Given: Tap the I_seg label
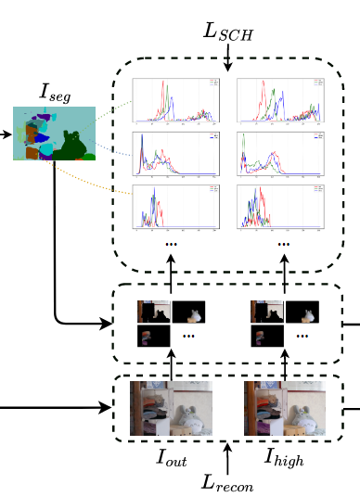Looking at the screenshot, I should tap(55, 92).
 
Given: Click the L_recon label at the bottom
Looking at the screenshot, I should tap(227, 482).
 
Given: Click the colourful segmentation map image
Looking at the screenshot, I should tap(54, 134).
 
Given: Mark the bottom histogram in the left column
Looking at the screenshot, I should tap(176, 207).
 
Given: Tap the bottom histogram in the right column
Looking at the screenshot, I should tap(281, 207).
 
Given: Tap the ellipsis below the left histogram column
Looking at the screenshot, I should tap(171, 243).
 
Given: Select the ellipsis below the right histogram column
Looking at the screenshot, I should tap(284, 243).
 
